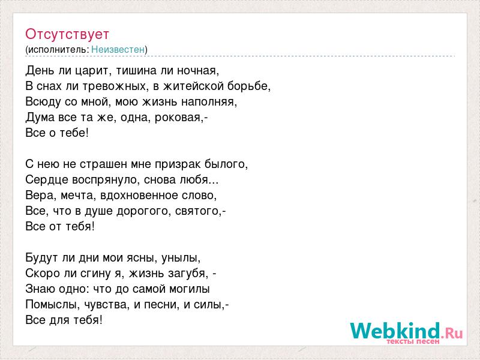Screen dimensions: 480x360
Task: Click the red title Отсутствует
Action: tap(67, 34)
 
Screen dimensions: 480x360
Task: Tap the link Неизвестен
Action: tap(118, 49)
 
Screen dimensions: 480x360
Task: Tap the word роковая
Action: tap(178, 118)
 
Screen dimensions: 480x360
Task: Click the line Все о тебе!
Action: tap(57, 133)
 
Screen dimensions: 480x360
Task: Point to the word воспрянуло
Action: tap(106, 179)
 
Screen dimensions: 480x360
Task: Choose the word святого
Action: tap(197, 211)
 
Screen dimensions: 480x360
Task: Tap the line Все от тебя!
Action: tap(60, 227)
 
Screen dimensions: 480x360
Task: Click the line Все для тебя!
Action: tap(64, 320)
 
